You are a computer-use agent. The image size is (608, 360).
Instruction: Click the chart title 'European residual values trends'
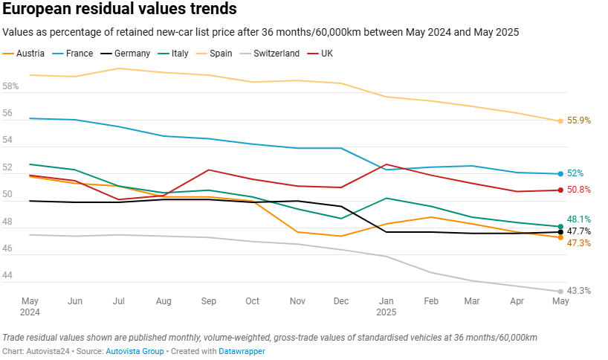point(120,10)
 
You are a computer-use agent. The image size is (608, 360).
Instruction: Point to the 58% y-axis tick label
point(11,86)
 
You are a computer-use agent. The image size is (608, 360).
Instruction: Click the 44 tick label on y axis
point(8,276)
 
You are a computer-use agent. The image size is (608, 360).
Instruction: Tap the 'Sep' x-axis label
point(208,301)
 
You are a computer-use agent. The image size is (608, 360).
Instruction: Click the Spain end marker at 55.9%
point(560,120)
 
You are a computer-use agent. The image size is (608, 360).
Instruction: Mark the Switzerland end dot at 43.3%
point(560,291)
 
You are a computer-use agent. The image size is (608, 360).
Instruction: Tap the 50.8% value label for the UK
point(579,190)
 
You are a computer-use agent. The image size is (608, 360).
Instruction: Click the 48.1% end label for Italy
point(578,219)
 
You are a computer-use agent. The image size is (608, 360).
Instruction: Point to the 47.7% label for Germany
point(578,232)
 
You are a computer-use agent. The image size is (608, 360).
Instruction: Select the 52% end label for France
point(575,173)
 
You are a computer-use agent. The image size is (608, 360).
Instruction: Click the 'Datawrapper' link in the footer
point(242,350)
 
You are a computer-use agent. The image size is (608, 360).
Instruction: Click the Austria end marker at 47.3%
point(560,237)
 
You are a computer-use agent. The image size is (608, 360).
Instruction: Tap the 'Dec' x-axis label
point(342,301)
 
